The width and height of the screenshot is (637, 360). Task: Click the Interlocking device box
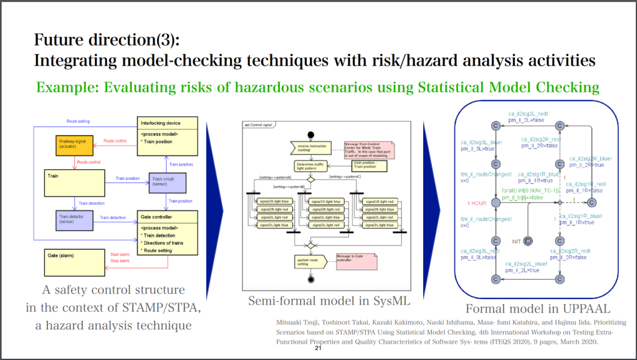coord(167,131)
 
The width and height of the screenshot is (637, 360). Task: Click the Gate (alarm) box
coord(74,262)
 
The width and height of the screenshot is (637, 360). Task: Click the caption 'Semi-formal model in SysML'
coord(329,301)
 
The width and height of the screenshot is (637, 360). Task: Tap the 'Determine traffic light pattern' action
coord(309,166)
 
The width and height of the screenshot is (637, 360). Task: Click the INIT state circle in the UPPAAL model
coord(528,240)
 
